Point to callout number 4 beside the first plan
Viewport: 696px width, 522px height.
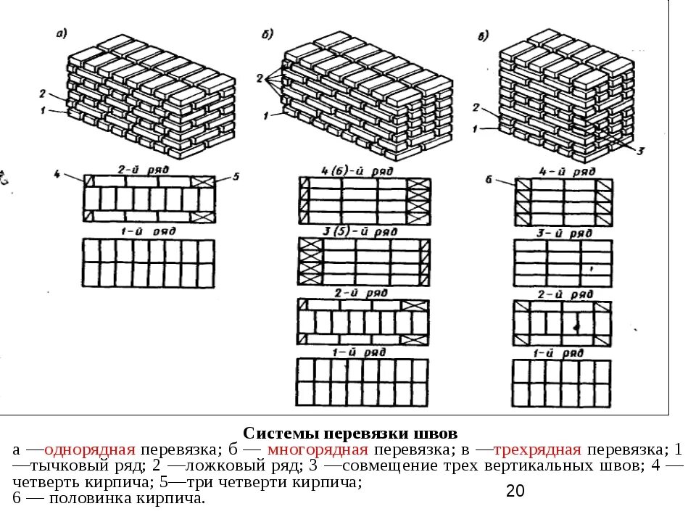(57, 174)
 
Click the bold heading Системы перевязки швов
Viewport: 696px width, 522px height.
(349, 434)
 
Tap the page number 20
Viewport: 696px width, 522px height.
(515, 491)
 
